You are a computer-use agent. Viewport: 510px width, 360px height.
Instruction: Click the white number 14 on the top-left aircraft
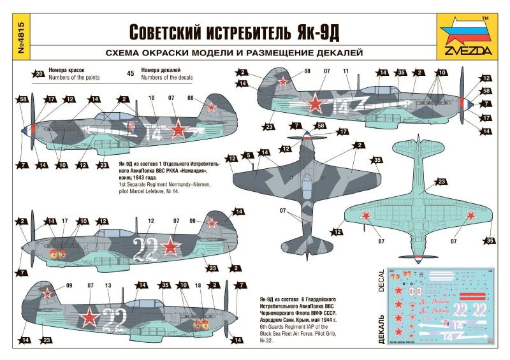coord(153,133)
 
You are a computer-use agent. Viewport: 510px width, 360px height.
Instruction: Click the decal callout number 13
coord(108,285)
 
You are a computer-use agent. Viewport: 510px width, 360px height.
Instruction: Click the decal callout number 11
coord(346,71)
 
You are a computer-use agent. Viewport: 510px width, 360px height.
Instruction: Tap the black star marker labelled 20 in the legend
coord(40,73)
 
